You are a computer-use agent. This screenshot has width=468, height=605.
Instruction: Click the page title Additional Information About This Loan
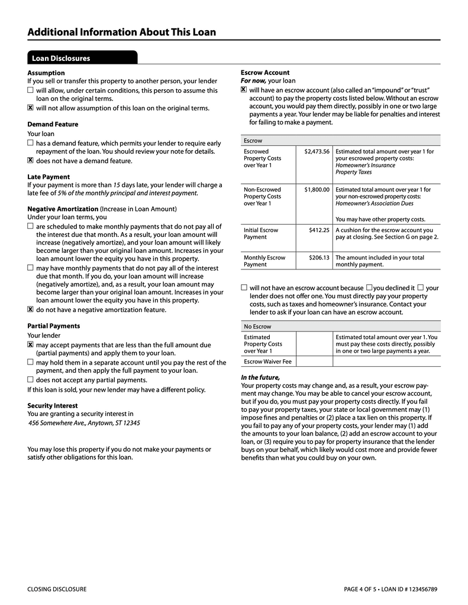121,32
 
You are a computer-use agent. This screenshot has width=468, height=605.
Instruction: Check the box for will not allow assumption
30,108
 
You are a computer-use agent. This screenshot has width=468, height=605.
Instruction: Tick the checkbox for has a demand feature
30,143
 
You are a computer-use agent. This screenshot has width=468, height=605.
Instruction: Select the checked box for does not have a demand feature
30,160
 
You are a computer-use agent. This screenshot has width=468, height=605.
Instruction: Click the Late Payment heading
49,177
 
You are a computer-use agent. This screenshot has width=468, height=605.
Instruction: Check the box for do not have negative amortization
30,309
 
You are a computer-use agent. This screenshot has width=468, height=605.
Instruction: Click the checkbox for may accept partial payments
30,344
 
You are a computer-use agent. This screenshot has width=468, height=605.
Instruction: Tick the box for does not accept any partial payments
30,379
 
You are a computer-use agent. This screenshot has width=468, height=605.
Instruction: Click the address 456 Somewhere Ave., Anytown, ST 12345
85,423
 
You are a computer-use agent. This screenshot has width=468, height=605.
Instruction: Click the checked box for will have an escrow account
244,90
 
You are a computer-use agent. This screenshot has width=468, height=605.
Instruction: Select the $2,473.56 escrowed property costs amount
317,151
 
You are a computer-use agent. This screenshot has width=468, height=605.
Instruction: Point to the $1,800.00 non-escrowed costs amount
317,190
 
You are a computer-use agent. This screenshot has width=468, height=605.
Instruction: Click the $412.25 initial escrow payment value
319,230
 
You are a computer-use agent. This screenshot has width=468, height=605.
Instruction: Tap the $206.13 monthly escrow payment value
319,258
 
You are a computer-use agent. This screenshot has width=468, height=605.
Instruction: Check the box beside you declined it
369,287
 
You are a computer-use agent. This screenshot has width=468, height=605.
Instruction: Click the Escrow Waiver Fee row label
267,361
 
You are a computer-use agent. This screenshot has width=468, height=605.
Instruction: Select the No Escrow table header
257,326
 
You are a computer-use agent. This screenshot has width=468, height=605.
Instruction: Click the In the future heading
260,378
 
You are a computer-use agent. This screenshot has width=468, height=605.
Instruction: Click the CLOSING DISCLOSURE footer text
57,589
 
